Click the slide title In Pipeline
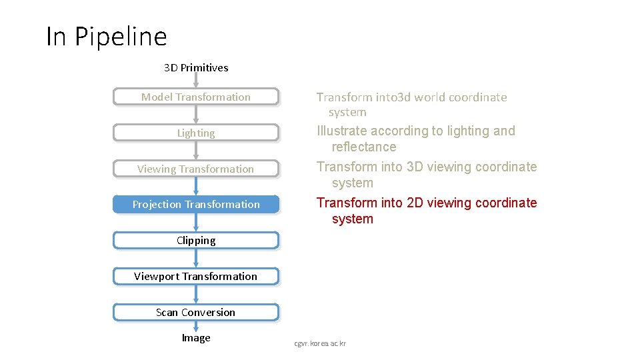point(106,36)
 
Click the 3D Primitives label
point(196,67)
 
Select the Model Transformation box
point(196,97)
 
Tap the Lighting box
point(196,133)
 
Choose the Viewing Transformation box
point(196,169)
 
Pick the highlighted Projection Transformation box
point(196,205)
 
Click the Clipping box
point(196,241)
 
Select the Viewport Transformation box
point(196,277)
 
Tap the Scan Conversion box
point(196,313)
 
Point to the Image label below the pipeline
point(196,338)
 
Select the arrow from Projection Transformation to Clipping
point(196,223)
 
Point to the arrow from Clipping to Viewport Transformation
point(196,259)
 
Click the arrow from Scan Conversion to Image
point(196,326)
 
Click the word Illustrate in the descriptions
point(342,131)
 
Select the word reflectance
point(364,147)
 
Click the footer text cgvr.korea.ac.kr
point(320,343)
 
